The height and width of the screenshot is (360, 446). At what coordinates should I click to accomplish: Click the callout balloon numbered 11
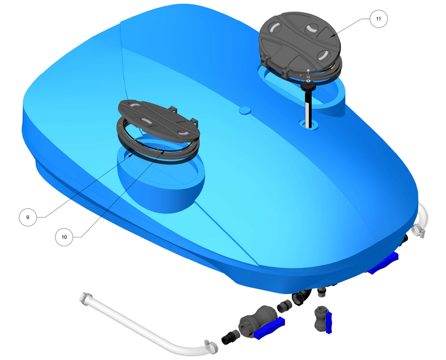point(379,19)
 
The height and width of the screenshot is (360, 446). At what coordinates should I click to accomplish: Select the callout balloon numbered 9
point(27,217)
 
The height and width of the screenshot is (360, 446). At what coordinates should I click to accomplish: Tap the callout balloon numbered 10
point(64,237)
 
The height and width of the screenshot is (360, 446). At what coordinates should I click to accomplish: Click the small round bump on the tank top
point(245,110)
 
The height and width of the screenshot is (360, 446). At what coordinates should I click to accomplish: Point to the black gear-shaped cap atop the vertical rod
point(308,85)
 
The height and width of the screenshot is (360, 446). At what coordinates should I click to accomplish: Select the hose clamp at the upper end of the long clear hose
point(86,298)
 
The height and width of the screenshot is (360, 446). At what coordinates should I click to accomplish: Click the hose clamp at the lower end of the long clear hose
point(211,347)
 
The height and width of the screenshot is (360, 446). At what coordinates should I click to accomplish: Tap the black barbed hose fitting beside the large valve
point(231,337)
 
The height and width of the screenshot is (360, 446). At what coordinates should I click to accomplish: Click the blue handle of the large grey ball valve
point(269,328)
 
